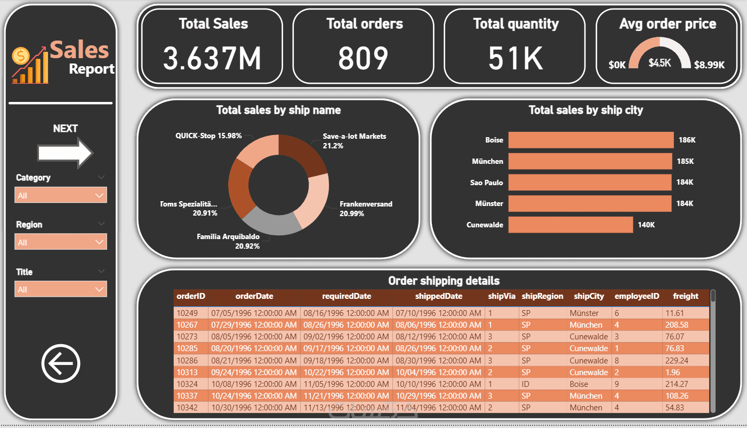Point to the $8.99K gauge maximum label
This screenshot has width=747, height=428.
click(x=709, y=65)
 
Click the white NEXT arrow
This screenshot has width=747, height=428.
click(x=66, y=153)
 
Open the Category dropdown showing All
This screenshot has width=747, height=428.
click(x=61, y=195)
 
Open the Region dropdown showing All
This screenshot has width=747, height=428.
click(x=61, y=242)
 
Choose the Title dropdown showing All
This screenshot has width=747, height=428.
click(x=61, y=289)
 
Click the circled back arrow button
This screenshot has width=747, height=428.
click(x=61, y=363)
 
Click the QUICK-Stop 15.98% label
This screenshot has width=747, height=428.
click(x=208, y=136)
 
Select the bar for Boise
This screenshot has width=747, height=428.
click(x=591, y=140)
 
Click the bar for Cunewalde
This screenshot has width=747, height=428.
click(x=571, y=225)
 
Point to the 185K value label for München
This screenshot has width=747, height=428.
click(x=686, y=161)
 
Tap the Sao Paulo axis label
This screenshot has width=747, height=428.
click(x=486, y=183)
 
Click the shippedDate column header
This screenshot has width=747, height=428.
click(x=438, y=296)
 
